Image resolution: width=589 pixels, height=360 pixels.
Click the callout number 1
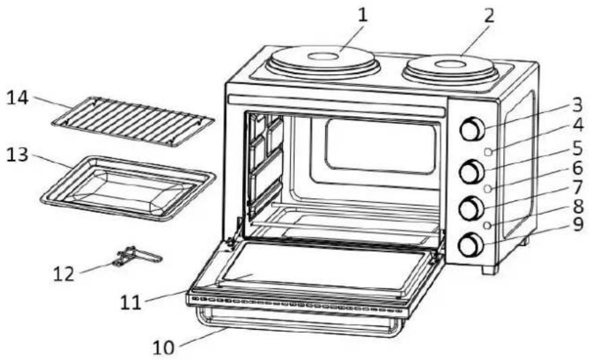362,15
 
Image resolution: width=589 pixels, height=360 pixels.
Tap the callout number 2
488,16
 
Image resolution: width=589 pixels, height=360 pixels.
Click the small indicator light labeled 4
488,152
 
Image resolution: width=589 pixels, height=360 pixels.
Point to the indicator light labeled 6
488,189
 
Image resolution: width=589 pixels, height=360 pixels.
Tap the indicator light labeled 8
487,225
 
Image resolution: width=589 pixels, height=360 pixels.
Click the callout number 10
164,348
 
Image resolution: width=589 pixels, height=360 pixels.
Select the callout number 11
131,302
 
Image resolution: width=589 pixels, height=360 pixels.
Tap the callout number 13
18,154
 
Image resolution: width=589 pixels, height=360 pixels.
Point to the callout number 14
18,98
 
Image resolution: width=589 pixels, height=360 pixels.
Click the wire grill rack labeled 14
133,121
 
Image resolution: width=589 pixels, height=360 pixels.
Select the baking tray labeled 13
128,187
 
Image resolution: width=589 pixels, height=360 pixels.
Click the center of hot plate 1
323,57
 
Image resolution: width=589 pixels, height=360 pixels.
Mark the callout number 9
578,225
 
